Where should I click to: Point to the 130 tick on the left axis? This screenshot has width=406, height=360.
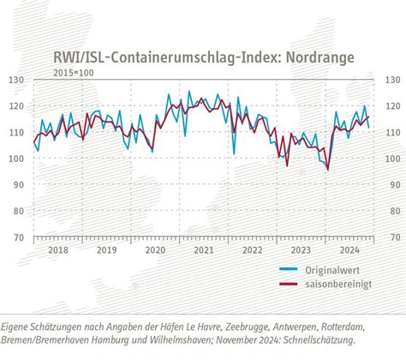click(16, 81)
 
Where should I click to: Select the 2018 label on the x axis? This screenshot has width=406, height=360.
click(58, 251)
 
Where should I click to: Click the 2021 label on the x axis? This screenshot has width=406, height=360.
click(203, 251)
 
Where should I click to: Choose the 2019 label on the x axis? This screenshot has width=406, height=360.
click(106, 251)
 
